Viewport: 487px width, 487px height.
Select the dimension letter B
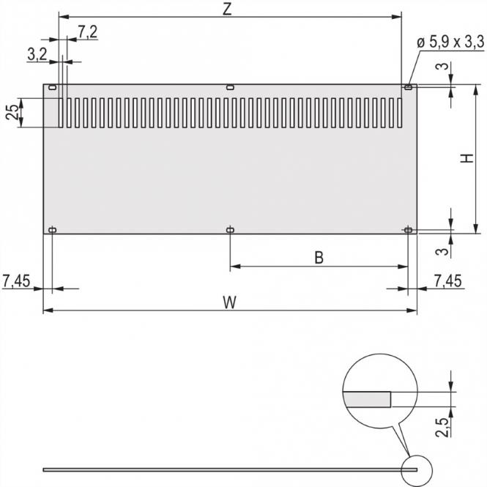point(319,257)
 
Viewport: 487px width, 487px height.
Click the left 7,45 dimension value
point(18,280)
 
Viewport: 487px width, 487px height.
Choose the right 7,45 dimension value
point(448,280)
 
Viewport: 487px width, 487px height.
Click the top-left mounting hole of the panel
point(52,88)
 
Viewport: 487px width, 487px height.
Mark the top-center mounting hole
point(230,88)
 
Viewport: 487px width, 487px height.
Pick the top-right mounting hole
point(408,88)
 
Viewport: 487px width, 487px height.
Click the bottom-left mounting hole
point(52,230)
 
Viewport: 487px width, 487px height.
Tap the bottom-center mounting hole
point(230,230)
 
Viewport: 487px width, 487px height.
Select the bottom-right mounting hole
point(408,230)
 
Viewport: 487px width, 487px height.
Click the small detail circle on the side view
point(418,469)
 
